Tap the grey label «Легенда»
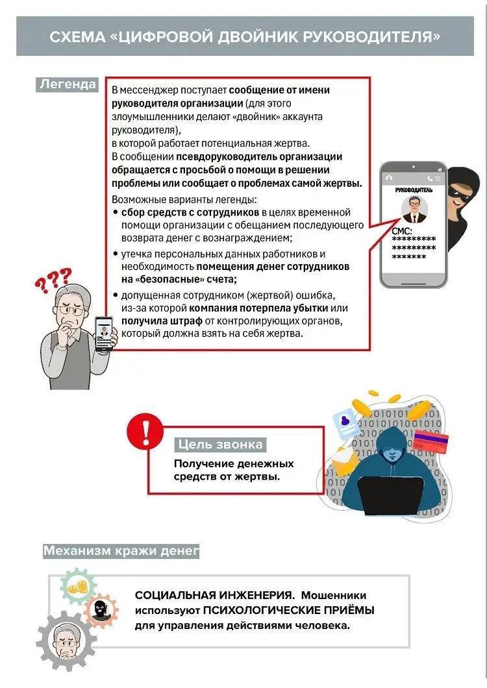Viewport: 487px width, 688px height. (68, 84)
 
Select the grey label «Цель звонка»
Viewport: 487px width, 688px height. (220, 445)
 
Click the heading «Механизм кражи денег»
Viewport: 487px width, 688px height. (121, 552)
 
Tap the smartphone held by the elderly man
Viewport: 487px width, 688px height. (105, 333)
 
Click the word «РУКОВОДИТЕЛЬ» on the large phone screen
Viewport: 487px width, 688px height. (414, 191)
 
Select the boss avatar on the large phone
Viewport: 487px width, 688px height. (413, 210)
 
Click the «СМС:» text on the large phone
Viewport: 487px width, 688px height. (402, 231)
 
